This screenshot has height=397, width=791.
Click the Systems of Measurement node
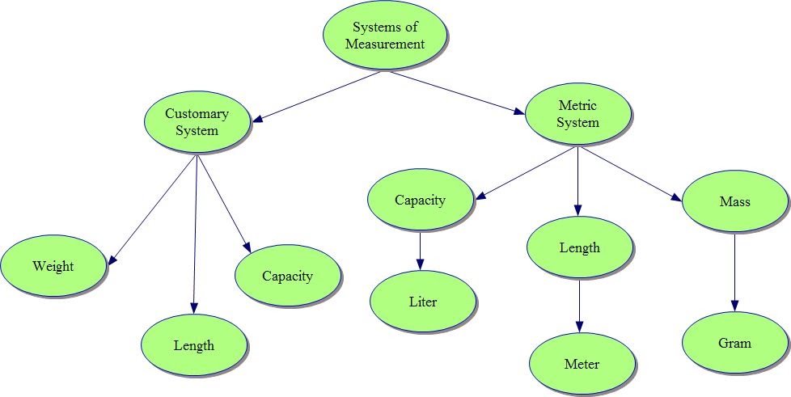coord(385,36)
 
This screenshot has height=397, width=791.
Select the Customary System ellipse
coord(197,121)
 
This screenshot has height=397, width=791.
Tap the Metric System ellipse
coord(578,114)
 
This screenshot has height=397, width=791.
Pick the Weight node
coord(53,267)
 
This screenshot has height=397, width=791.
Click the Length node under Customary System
coord(194,346)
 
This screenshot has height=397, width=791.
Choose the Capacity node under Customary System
coord(287,277)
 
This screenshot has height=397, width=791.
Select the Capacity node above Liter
coord(420,201)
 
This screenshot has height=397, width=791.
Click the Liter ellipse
coord(422,302)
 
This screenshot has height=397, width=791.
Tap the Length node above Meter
coord(579,247)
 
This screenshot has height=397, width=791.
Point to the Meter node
coord(582,364)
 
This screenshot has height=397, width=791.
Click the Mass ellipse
coord(734,202)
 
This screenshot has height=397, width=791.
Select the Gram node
coord(734,343)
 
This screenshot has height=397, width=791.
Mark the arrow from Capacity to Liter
coord(421,251)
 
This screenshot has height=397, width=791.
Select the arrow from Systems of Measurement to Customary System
coord(315,96)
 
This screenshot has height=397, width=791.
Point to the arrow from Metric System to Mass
coord(631,174)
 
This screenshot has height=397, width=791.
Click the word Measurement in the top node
coord(385,44)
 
